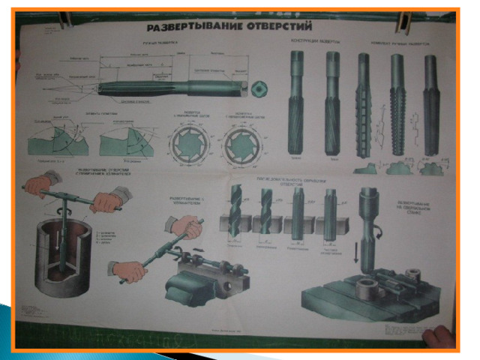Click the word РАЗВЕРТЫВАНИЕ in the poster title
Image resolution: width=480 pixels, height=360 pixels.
[187, 28]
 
